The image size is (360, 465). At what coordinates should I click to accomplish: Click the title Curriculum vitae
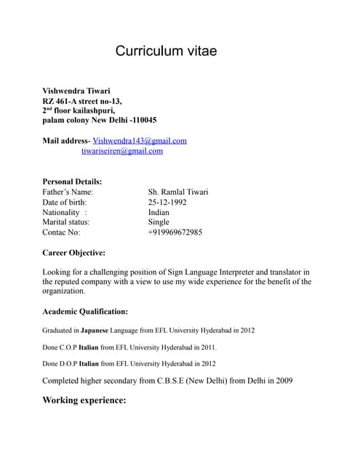(167, 52)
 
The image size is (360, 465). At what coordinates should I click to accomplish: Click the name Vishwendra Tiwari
(76, 91)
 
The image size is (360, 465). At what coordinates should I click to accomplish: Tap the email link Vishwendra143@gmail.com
(140, 140)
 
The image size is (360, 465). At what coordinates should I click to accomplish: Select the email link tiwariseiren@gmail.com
(122, 151)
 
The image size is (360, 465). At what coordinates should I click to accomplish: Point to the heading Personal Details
(72, 181)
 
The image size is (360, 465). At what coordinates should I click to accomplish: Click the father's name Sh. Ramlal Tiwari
(178, 192)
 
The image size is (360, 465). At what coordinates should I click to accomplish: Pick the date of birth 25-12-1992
(167, 202)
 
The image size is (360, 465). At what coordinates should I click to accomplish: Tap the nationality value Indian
(159, 212)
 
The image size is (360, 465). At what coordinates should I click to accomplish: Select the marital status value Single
(159, 222)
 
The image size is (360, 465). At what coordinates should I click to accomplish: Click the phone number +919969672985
(175, 232)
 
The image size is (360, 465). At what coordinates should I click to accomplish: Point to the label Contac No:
(62, 232)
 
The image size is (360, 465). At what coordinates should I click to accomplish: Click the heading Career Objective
(74, 253)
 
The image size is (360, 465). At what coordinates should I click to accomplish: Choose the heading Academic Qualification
(85, 312)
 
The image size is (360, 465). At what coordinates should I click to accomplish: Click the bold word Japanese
(110, 331)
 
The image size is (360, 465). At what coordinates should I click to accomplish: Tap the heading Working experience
(84, 400)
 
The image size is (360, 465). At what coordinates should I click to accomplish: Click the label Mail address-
(66, 140)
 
